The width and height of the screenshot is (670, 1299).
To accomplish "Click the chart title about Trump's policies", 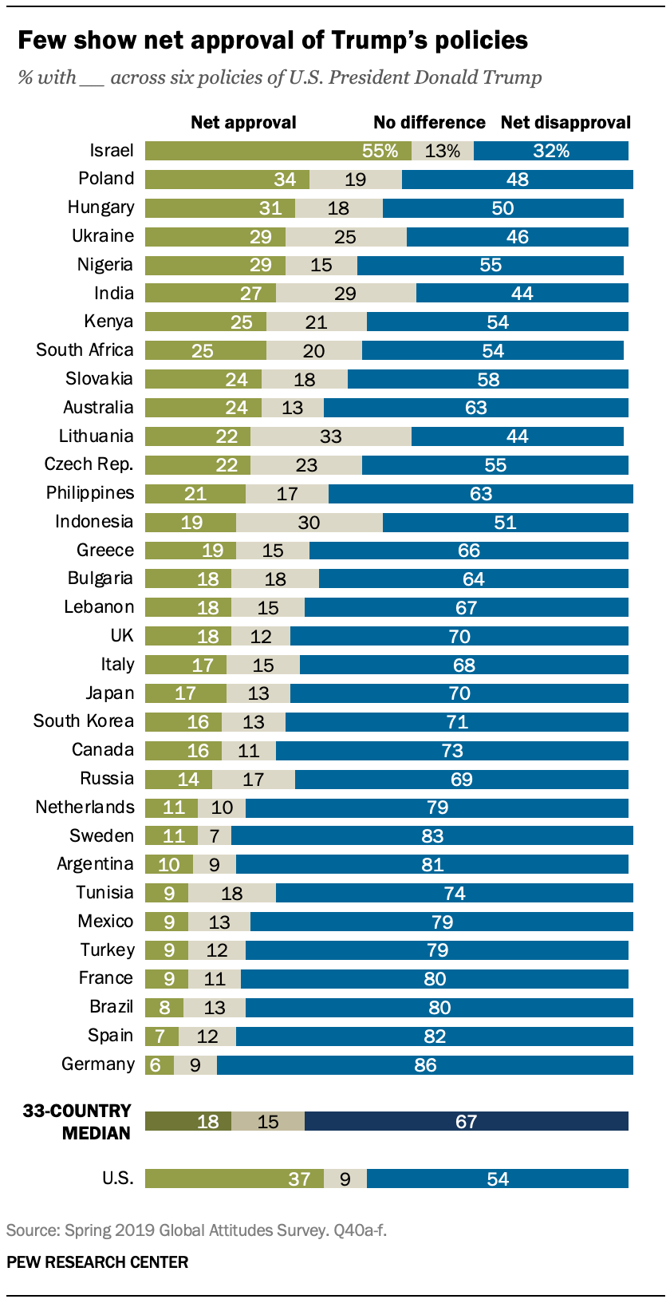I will [x=273, y=40].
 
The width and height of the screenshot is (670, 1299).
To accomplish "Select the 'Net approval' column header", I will [x=243, y=122].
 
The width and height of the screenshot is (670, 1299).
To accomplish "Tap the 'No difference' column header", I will [x=429, y=122].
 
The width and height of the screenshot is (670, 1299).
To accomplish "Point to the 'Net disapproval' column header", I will [x=566, y=122].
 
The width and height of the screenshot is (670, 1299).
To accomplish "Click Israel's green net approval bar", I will [x=278, y=151].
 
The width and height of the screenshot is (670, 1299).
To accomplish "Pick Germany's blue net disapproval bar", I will [x=425, y=1065].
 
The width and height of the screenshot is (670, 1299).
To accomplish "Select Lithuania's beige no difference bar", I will [x=330, y=436].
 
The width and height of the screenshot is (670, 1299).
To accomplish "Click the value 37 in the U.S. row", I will [x=299, y=1179].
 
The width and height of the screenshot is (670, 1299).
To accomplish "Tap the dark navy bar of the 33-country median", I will [x=466, y=1121].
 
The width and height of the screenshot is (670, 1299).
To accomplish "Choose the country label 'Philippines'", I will [x=90, y=493].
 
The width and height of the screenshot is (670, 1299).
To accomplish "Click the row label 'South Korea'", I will [x=84, y=721].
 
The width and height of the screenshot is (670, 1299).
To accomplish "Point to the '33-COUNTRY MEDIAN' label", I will [x=77, y=1121].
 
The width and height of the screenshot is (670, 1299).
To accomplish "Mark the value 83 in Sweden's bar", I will [x=432, y=836].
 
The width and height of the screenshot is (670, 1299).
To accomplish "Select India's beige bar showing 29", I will [x=345, y=294].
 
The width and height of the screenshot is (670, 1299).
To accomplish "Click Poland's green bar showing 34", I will [x=227, y=180].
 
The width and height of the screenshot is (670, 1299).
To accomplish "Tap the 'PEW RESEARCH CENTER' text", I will [x=97, y=1262].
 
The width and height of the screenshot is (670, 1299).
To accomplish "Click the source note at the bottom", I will [x=196, y=1230].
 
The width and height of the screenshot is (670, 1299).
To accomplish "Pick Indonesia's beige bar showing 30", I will [x=309, y=523].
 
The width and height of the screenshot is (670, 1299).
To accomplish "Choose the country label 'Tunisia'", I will [x=104, y=893].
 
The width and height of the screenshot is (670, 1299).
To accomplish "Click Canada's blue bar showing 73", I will [x=452, y=751].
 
